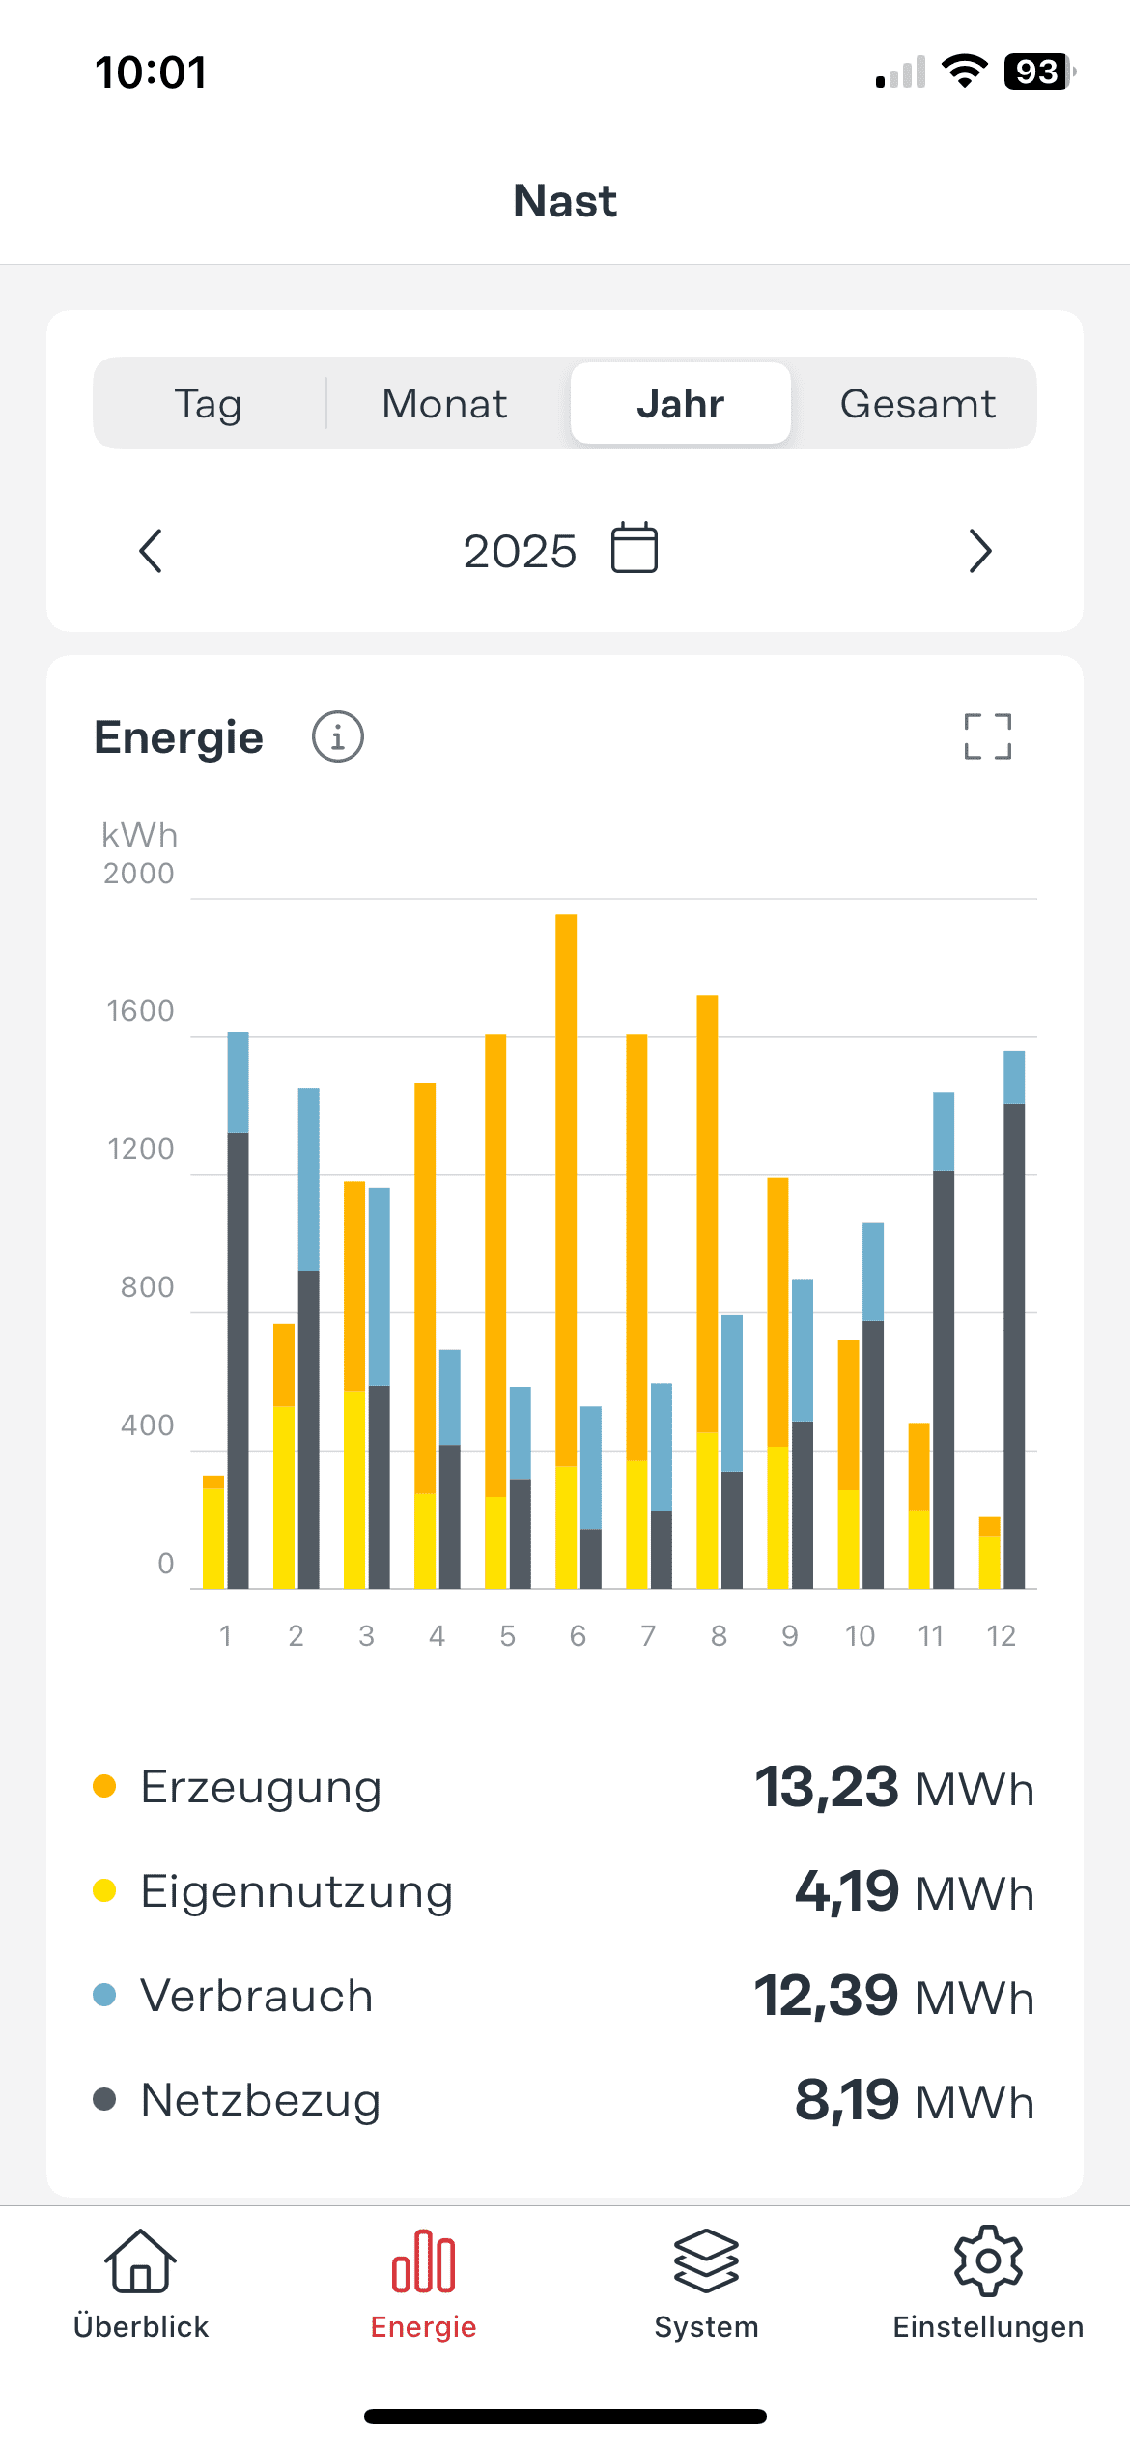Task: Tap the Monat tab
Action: pyautogui.click(x=444, y=404)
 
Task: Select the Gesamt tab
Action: pyautogui.click(x=917, y=404)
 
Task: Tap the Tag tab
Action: pyautogui.click(x=209, y=404)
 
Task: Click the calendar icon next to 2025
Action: pyautogui.click(x=635, y=548)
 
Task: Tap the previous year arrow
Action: pyautogui.click(x=151, y=551)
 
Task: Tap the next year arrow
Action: pyautogui.click(x=979, y=551)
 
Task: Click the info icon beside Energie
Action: pyautogui.click(x=337, y=737)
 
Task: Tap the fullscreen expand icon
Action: pyautogui.click(x=987, y=737)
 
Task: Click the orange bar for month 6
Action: pyautogui.click(x=566, y=1189)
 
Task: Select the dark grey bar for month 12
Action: pyautogui.click(x=1014, y=1343)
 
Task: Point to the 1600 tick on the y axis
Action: pyautogui.click(x=141, y=1011)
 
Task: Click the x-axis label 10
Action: pyautogui.click(x=860, y=1635)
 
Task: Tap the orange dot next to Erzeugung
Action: pyautogui.click(x=104, y=1786)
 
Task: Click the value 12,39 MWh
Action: pyautogui.click(x=893, y=1996)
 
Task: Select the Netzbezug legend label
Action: pyautogui.click(x=261, y=2100)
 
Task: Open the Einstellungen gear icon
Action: pyautogui.click(x=988, y=2261)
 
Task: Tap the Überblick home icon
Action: pyautogui.click(x=141, y=2261)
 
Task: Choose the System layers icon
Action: pyautogui.click(x=706, y=2261)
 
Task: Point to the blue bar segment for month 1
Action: pyautogui.click(x=238, y=1082)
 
